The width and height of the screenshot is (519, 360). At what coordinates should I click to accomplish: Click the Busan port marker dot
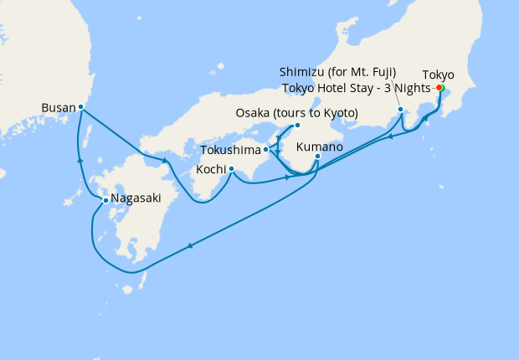click(80, 107)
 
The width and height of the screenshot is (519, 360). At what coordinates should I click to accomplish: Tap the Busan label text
click(58, 107)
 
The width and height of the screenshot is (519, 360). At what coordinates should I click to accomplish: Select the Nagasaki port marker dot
click(105, 200)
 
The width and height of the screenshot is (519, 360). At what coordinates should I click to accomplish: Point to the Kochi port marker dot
click(231, 169)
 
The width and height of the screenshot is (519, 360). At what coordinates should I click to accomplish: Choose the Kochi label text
click(210, 169)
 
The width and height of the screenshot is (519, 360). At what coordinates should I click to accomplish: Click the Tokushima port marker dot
click(265, 150)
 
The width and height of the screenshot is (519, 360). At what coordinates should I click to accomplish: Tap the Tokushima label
click(231, 151)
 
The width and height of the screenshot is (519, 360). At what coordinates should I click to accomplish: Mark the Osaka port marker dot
click(296, 126)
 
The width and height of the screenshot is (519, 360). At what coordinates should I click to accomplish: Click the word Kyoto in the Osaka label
click(341, 113)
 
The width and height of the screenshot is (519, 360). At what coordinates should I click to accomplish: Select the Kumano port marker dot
click(318, 157)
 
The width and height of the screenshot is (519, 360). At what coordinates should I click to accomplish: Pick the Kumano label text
click(321, 146)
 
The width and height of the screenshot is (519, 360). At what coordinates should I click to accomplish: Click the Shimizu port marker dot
click(401, 110)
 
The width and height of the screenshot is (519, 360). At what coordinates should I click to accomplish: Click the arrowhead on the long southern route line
click(192, 245)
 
